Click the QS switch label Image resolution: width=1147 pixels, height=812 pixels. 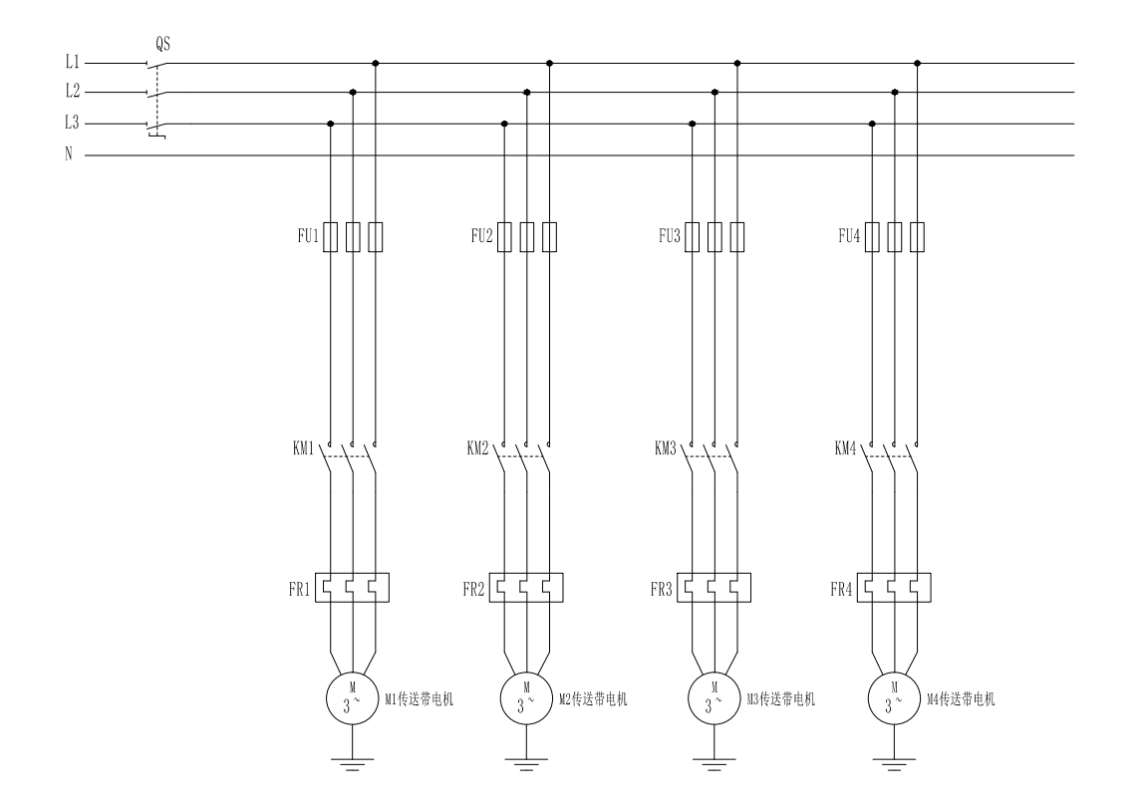click(162, 44)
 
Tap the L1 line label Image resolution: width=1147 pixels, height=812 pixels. click(72, 62)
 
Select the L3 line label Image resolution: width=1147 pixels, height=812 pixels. click(72, 123)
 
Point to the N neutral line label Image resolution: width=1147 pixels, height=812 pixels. click(69, 153)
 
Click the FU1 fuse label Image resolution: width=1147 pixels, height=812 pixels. click(308, 235)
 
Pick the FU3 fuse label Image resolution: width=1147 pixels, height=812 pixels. click(670, 235)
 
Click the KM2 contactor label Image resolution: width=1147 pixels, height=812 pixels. click(477, 447)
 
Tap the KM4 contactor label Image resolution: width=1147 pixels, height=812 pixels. click(845, 447)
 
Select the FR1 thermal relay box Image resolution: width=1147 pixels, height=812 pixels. click(352, 588)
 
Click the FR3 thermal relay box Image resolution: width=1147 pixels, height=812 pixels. click(714, 588)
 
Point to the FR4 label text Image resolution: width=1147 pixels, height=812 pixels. click(841, 589)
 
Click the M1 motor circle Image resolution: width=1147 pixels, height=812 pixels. click(352, 698)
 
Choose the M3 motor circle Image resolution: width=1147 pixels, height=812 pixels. click(714, 698)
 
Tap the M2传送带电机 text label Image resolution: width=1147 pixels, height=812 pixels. click(593, 699)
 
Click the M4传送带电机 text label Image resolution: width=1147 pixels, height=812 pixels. click(961, 699)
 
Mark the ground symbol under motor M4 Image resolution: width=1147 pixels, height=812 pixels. click(894, 764)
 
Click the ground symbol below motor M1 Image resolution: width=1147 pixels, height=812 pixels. click(352, 764)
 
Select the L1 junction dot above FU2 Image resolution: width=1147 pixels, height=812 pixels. click(549, 63)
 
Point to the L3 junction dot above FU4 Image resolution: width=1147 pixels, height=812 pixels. click(872, 124)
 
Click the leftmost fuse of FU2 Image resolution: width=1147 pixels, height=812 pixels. click(504, 236)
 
